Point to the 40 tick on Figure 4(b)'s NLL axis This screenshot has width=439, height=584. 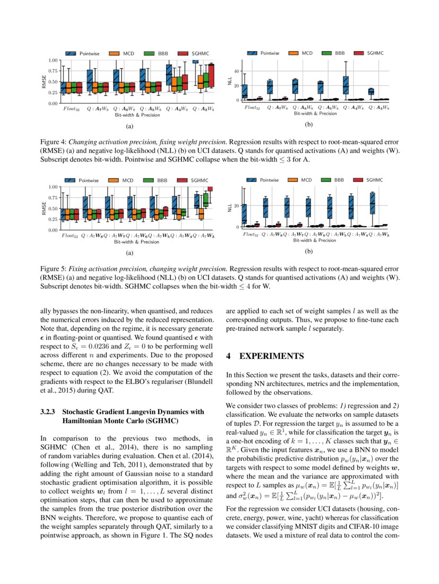pyautogui.click(x=237, y=71)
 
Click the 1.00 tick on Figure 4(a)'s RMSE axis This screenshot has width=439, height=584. pyautogui.click(x=53, y=60)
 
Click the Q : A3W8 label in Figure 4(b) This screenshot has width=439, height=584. pyautogui.click(x=378, y=108)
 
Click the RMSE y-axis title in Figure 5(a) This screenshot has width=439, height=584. pyautogui.click(x=44, y=209)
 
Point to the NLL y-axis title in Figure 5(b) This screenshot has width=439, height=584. pyautogui.click(x=230, y=209)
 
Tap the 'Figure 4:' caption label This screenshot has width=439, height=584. pyautogui.click(x=53, y=143)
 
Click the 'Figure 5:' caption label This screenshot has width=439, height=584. pyautogui.click(x=53, y=269)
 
